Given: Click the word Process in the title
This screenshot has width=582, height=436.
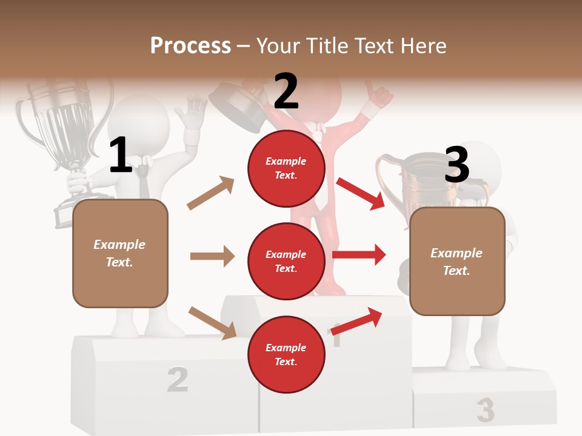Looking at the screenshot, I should point(190,46).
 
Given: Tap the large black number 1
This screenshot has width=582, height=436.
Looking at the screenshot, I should point(121,155).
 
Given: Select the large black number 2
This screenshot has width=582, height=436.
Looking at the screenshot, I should point(286,91).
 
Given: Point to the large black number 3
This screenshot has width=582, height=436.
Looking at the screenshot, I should point(457,165).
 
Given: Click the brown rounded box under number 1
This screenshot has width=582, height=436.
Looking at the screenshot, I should point(120,253).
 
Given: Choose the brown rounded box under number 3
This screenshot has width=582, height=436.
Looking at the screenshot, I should point(457,261).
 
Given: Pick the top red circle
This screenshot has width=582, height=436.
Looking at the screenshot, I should point(286,168).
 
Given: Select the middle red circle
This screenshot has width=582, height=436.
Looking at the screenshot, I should point(286,261).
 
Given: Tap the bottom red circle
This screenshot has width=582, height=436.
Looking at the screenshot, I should point(286,354).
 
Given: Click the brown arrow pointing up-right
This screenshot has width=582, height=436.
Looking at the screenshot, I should point(211,193).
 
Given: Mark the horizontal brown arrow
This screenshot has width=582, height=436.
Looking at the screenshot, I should point(212,256).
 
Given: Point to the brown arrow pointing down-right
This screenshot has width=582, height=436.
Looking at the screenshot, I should point(212,322).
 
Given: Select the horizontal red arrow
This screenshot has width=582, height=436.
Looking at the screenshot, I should point(359,254).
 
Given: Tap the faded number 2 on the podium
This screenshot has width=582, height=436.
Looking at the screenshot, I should point(177,378).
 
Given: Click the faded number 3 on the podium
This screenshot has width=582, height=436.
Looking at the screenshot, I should point(485,410).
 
